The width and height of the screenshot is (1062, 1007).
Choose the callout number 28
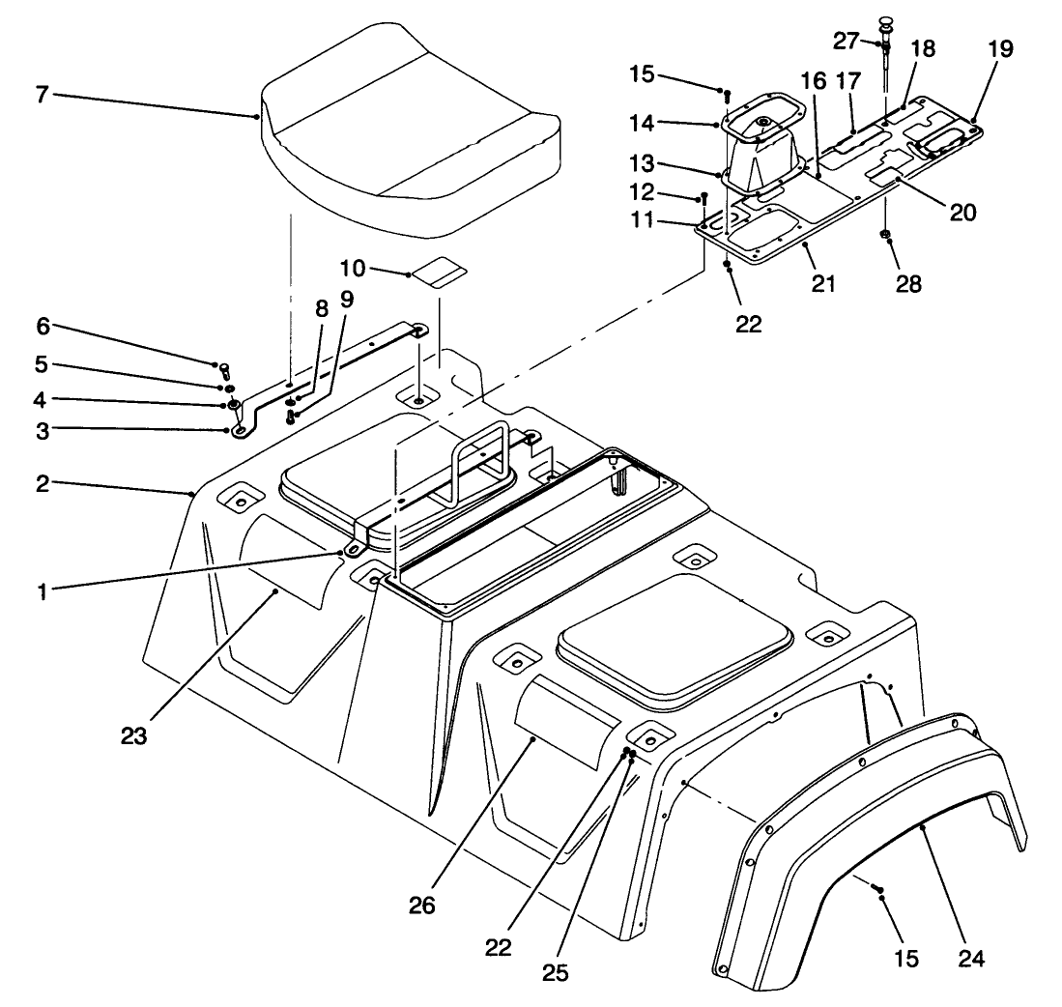(x=908, y=284)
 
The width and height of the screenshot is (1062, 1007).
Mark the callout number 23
(x=134, y=736)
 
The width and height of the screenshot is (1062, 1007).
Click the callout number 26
(x=421, y=906)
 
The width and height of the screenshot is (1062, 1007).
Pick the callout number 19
(x=1000, y=50)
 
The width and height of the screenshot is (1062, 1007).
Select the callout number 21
(x=823, y=284)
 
